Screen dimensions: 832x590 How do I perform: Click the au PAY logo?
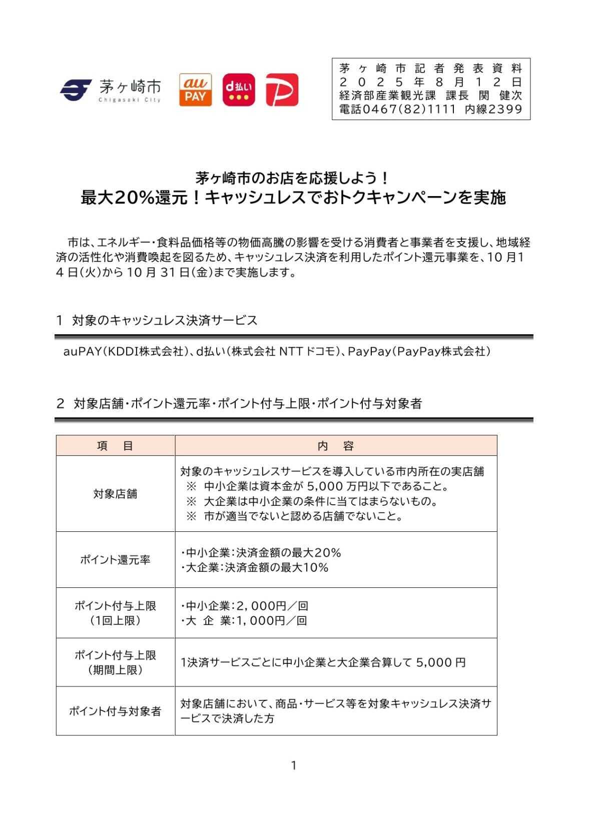(x=195, y=90)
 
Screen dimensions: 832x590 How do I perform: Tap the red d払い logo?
(x=238, y=90)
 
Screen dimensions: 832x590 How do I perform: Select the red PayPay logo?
(x=282, y=90)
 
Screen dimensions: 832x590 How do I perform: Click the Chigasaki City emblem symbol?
(x=76, y=90)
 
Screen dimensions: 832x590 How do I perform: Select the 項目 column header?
(x=115, y=446)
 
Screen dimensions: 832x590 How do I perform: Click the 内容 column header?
(x=336, y=446)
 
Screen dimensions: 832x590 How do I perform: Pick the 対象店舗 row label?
(x=115, y=494)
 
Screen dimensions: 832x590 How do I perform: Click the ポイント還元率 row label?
(x=115, y=560)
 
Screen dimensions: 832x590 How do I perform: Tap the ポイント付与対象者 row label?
(x=115, y=711)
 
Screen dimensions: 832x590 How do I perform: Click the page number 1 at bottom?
(x=294, y=765)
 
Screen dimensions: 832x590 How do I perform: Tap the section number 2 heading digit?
(x=60, y=404)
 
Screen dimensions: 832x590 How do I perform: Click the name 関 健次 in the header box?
(x=500, y=96)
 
